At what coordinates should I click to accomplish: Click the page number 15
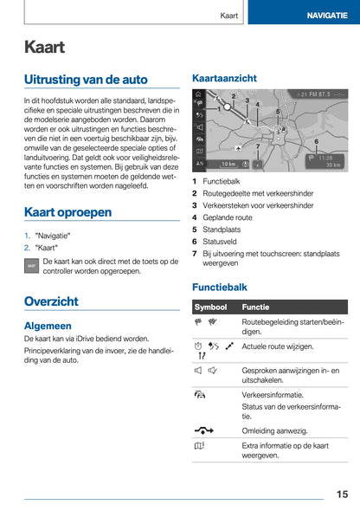click(x=342, y=494)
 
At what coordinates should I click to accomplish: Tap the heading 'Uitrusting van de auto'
click(x=86, y=80)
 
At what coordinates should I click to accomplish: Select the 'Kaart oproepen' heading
click(x=67, y=211)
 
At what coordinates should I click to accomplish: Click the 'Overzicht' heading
click(x=51, y=301)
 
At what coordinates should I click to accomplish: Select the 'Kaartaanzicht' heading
click(x=223, y=78)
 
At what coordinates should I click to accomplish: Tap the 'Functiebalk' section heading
click(x=219, y=286)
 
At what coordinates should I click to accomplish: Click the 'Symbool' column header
click(x=211, y=307)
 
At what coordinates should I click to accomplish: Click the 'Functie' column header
click(x=256, y=307)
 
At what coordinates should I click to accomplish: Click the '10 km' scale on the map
click(x=228, y=163)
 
